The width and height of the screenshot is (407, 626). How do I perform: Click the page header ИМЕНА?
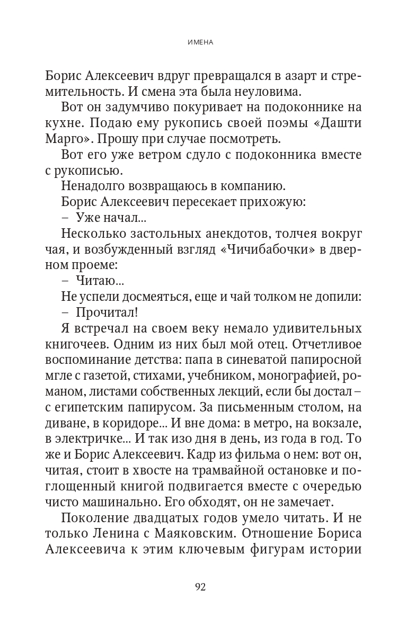point(203,43)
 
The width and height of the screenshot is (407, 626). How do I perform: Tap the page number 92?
point(203,587)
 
